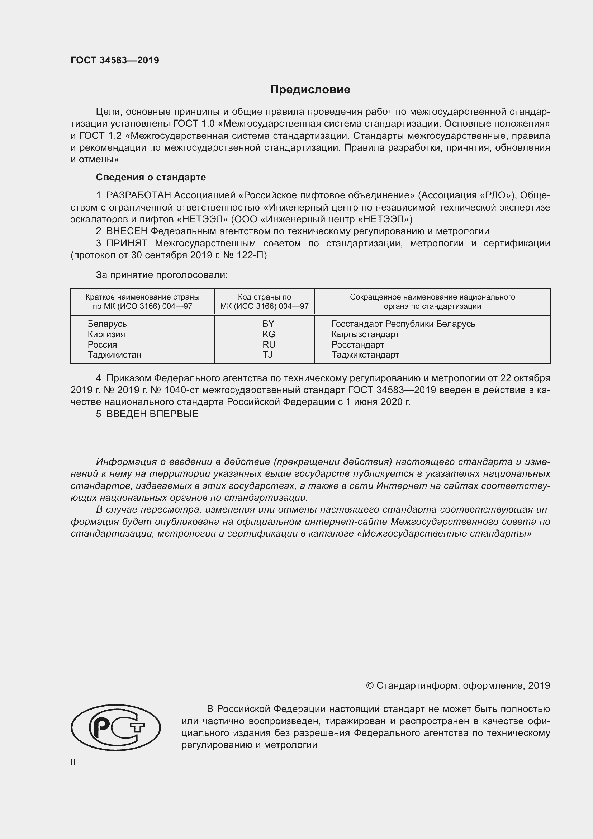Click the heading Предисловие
click(x=310, y=90)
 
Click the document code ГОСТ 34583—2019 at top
click(x=115, y=60)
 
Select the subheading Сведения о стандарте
click(x=151, y=177)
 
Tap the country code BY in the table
click(x=268, y=324)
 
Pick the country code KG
click(x=269, y=334)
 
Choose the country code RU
click(x=269, y=344)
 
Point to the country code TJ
click(x=267, y=354)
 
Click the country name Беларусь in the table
click(x=107, y=324)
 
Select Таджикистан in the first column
click(x=114, y=354)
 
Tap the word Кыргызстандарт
click(x=365, y=334)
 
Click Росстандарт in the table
click(x=357, y=344)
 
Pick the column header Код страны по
click(x=264, y=297)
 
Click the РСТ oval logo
click(x=115, y=727)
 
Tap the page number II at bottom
click(x=73, y=762)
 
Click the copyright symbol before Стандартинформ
click(x=369, y=685)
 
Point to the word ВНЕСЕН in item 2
click(x=127, y=231)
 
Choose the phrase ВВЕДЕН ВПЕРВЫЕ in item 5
click(x=152, y=414)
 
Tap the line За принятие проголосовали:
click(x=162, y=275)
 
